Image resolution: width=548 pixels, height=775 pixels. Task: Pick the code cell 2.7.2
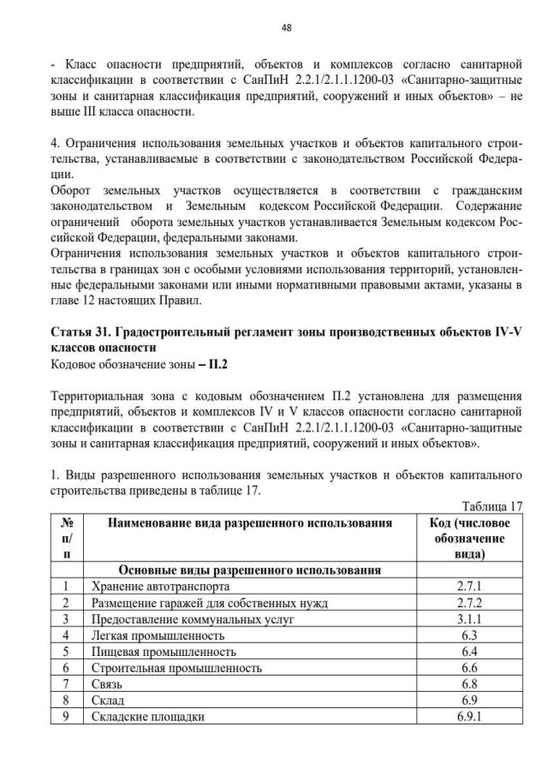(468, 603)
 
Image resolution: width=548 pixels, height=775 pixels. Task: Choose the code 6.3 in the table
(468, 635)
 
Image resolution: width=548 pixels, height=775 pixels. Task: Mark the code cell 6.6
(468, 668)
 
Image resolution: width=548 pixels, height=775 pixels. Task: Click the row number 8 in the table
(66, 700)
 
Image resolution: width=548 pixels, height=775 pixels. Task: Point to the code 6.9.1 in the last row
(468, 717)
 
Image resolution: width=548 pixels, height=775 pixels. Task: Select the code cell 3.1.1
(468, 619)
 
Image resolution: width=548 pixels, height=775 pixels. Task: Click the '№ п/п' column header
(66, 539)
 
